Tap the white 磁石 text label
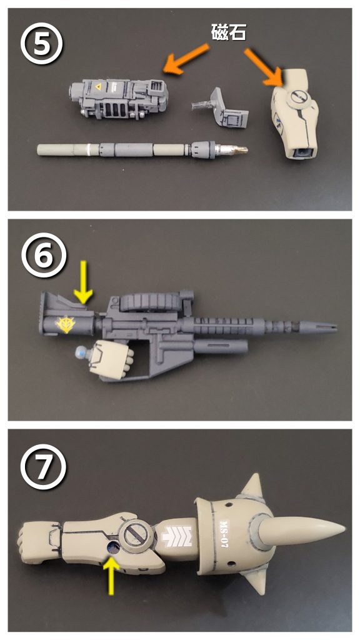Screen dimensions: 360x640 [x=229, y=32]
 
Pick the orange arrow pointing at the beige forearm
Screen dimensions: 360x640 [x=263, y=66]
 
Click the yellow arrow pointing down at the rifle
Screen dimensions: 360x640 [x=83, y=282]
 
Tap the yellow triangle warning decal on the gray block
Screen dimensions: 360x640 [x=98, y=87]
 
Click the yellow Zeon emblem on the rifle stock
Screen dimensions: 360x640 [x=65, y=324]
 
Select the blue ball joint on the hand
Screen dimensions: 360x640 [x=80, y=352]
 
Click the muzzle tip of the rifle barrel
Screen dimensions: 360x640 [x=336, y=326]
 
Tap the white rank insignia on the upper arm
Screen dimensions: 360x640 [x=177, y=536]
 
